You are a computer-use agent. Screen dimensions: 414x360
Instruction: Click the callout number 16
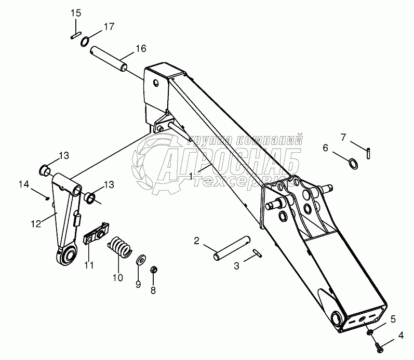click(141, 49)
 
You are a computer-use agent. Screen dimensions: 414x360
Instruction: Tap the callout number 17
click(108, 26)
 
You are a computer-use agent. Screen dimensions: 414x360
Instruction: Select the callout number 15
click(76, 12)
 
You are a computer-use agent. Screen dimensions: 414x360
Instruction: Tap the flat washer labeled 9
click(140, 259)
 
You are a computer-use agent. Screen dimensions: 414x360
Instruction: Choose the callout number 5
click(393, 318)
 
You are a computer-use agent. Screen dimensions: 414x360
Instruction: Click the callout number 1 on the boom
click(192, 176)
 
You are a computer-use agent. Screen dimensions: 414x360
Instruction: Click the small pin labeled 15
click(75, 36)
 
